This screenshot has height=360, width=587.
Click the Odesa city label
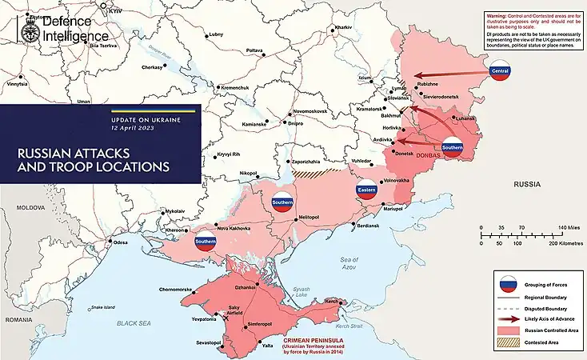[x=121, y=242]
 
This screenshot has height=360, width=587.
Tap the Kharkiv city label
[x=343, y=27]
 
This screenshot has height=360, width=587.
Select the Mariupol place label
[x=392, y=209]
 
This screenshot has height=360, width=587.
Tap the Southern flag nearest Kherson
[x=205, y=242]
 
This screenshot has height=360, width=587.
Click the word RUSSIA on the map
[x=527, y=184]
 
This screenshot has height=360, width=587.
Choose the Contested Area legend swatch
[x=505, y=342]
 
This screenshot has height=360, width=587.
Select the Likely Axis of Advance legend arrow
[x=505, y=319]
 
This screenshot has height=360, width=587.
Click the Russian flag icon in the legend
[x=505, y=286]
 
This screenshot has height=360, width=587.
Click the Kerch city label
[x=329, y=300]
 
